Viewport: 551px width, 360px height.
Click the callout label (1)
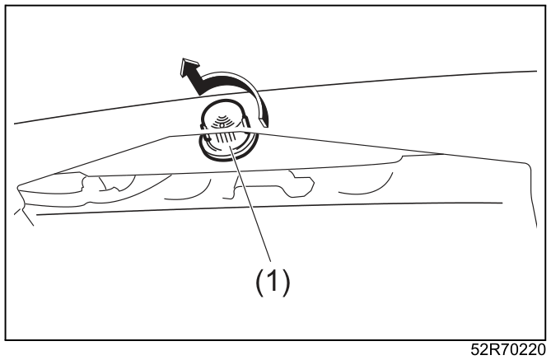pos(273,282)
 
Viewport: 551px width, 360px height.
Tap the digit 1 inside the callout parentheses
pos(273,281)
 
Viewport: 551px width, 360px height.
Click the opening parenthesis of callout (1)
pos(259,283)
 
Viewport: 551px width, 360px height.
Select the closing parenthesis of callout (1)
pos(287,283)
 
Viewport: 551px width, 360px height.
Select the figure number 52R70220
pos(508,349)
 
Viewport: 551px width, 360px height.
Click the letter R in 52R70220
pos(494,349)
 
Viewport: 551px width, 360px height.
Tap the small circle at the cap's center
pos(222,124)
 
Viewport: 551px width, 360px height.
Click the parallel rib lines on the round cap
pos(224,138)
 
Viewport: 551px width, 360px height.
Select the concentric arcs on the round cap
pos(222,119)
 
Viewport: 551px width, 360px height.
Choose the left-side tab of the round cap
pos(202,125)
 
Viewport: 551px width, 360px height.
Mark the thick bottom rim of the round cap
pos(227,155)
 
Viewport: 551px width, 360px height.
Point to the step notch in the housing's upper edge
pos(400,158)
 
